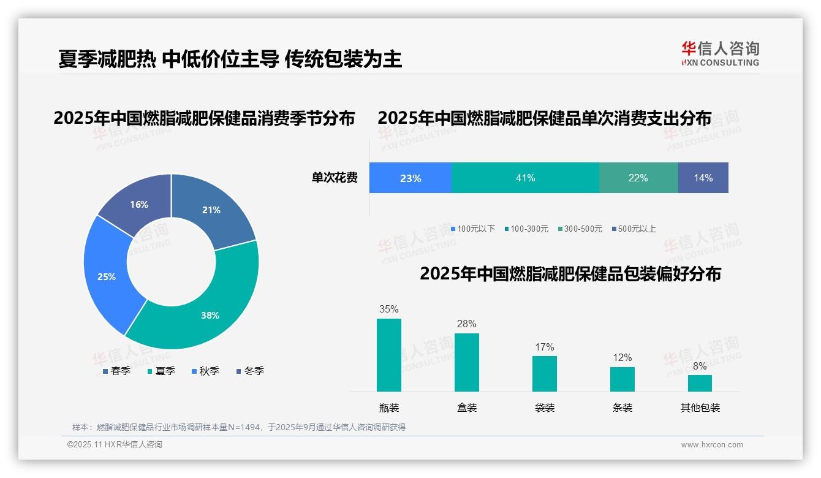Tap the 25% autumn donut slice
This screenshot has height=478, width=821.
point(107,276)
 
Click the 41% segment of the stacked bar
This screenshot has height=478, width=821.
point(525,178)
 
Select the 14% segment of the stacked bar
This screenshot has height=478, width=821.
point(703,178)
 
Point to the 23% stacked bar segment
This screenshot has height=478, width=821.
point(410,178)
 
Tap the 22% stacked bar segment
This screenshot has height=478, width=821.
point(638,178)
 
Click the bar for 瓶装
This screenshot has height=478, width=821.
point(389,355)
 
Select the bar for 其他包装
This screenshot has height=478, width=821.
point(700,383)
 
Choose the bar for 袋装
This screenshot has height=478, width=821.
point(545,373)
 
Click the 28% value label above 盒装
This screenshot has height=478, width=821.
point(466,324)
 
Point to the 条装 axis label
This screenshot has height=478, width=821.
point(622,408)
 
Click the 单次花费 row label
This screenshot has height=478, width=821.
point(335,178)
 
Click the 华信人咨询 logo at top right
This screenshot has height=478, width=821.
point(720,53)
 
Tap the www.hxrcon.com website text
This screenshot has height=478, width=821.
point(712,444)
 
